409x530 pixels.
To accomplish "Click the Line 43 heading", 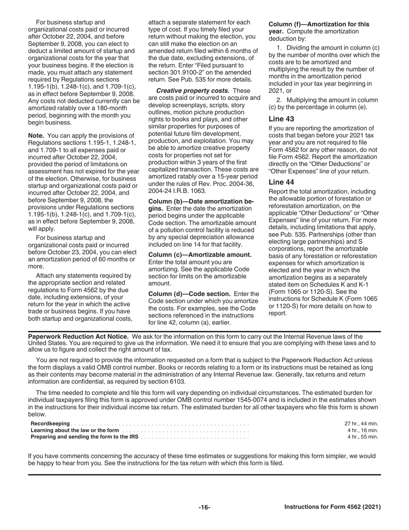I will [281, 119].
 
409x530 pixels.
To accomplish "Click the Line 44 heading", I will [281, 182].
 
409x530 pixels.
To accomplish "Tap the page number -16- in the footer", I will [204, 507].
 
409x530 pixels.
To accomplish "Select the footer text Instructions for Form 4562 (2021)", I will [332, 507].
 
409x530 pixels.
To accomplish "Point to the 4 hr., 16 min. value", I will [363, 430].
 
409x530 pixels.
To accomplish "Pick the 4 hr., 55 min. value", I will [363, 436].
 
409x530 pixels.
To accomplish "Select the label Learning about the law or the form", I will [75, 430].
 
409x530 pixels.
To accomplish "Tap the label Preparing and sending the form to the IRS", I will [84, 436].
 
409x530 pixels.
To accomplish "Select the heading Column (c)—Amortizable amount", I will [200, 255].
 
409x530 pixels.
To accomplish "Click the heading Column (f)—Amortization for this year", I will [319, 25].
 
